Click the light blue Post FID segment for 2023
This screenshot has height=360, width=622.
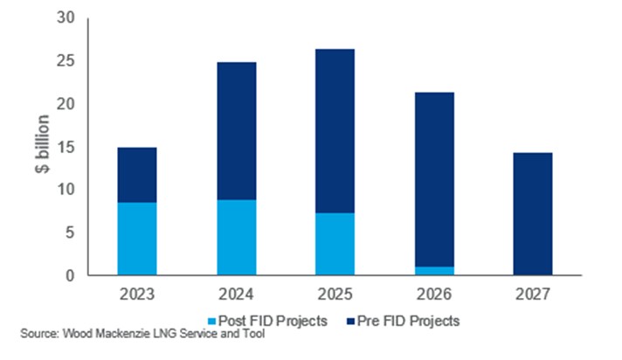(136, 239)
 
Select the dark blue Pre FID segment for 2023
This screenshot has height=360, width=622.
(136, 175)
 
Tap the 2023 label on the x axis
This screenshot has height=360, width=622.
(136, 293)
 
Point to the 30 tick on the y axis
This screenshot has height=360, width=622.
(66, 18)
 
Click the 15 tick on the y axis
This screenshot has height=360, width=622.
(66, 147)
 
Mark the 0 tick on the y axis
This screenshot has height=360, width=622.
(71, 275)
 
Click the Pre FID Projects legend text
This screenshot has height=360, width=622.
(410, 321)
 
